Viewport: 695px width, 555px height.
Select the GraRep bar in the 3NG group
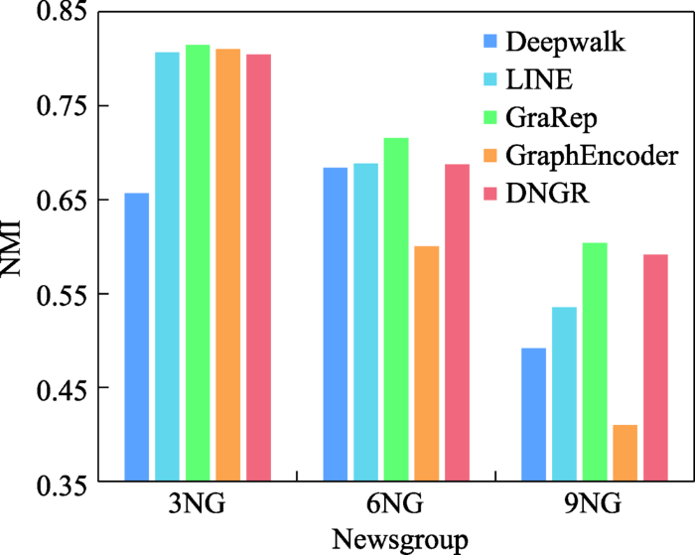click(198, 263)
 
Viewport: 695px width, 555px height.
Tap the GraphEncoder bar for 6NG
click(426, 363)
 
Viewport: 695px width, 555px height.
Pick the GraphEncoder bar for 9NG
click(625, 453)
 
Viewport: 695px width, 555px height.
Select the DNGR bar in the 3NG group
click(258, 268)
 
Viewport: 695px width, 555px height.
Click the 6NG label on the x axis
click(395, 505)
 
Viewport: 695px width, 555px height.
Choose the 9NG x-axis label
click(594, 505)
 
